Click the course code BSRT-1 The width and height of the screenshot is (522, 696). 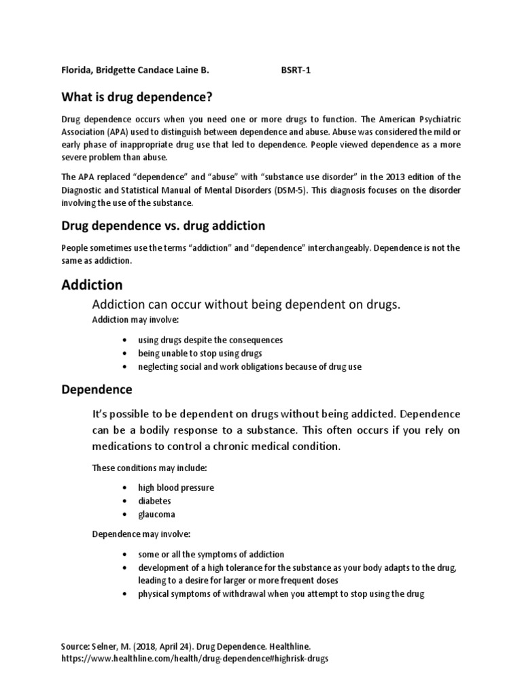(x=296, y=69)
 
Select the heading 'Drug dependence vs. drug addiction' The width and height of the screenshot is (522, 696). (x=163, y=225)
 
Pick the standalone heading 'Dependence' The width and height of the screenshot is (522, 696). (x=97, y=390)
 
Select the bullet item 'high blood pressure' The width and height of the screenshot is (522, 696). (x=176, y=488)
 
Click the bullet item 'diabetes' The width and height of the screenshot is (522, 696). (x=155, y=501)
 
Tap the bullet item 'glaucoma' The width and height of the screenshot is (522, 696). (x=157, y=514)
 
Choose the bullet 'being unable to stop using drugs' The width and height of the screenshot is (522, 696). (x=200, y=353)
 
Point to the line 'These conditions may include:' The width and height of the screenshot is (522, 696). (x=150, y=468)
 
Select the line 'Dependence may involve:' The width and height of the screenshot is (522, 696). (x=139, y=534)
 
